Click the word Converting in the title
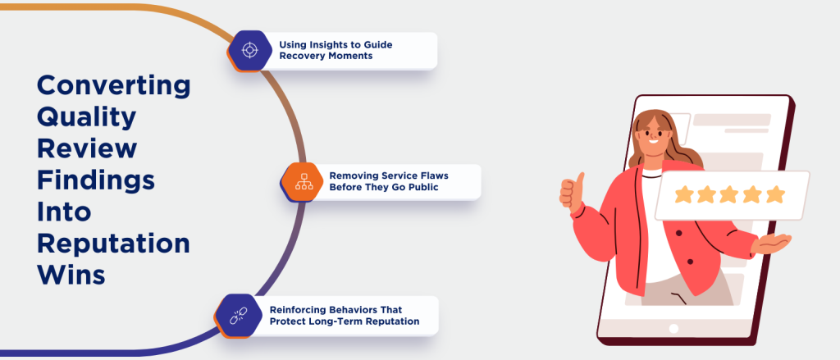point(114,85)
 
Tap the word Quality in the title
point(87,117)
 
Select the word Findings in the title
point(95,180)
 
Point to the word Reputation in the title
point(114,244)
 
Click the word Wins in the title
point(71,275)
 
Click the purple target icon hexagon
point(249,50)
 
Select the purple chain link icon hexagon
point(238,315)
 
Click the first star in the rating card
point(682,194)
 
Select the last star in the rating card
point(774,194)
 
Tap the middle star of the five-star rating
point(728,194)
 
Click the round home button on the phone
point(673,329)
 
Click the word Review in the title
point(87,149)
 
